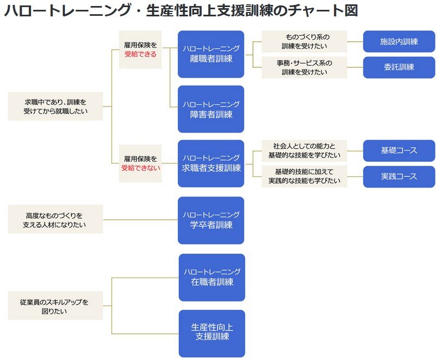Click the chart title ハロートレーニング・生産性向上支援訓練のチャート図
(x=181, y=11)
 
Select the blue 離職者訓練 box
(x=211, y=53)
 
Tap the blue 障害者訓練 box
(x=211, y=109)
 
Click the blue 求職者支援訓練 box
(x=211, y=164)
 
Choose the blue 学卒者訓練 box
(x=211, y=220)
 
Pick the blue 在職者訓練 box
(x=212, y=277)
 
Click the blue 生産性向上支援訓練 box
(x=212, y=333)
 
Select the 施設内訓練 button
(x=399, y=41)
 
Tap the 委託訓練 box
(x=399, y=67)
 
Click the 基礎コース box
(x=399, y=151)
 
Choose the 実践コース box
(x=399, y=177)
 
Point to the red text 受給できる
(x=140, y=55)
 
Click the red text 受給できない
(x=141, y=168)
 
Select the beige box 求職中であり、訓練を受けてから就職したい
(x=56, y=106)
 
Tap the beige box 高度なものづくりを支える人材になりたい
(x=56, y=220)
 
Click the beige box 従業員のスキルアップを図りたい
(x=56, y=305)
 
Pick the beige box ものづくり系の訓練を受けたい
(x=304, y=41)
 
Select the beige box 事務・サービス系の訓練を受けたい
(x=304, y=67)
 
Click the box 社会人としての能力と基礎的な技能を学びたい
(x=304, y=151)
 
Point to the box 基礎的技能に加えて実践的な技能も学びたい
(x=304, y=176)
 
